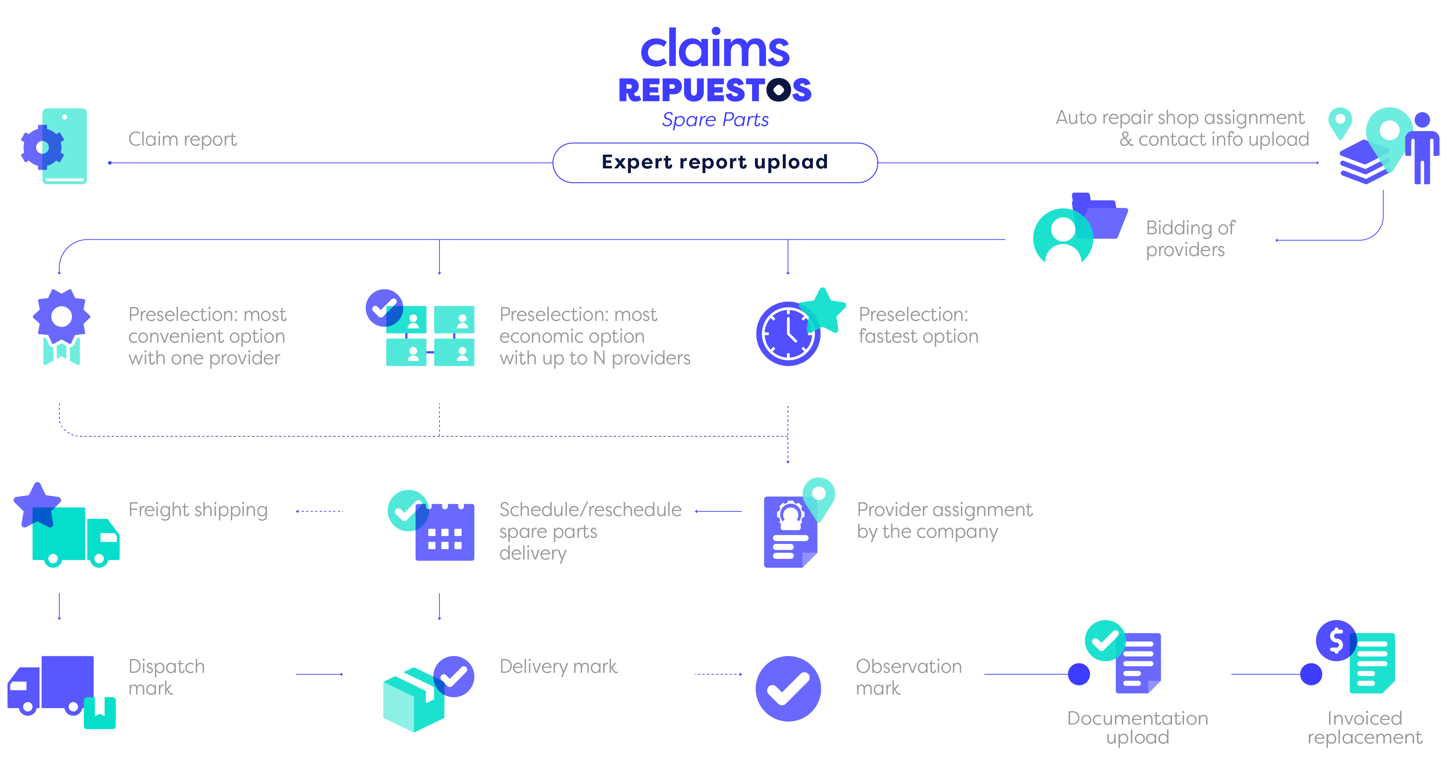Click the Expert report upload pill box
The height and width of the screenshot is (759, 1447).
click(714, 163)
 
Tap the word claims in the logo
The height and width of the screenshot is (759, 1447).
click(714, 50)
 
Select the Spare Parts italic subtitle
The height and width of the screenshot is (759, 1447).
click(714, 120)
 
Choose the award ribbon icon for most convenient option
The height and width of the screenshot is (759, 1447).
click(61, 327)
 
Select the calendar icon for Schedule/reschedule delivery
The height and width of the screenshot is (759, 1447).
click(444, 531)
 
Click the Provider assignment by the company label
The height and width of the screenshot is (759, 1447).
click(944, 520)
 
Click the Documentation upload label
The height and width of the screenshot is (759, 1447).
click(1137, 727)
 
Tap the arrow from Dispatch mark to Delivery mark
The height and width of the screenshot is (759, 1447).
click(319, 674)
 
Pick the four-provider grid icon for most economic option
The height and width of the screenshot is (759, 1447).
click(430, 336)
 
